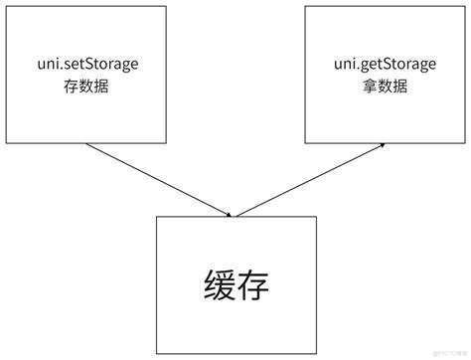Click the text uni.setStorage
[x=85, y=65]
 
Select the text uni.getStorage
[x=385, y=65]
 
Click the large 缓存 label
[x=235, y=283]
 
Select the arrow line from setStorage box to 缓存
[x=159, y=179]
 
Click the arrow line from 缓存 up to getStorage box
[x=310, y=179]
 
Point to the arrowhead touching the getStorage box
[x=382, y=145]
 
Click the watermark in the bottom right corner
[x=443, y=351]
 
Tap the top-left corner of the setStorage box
[x=7, y=7]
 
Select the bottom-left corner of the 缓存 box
[x=156, y=354]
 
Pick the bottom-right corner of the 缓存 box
[x=314, y=354]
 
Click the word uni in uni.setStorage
[x=44, y=65]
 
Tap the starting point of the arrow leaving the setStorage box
[x=87, y=143]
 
